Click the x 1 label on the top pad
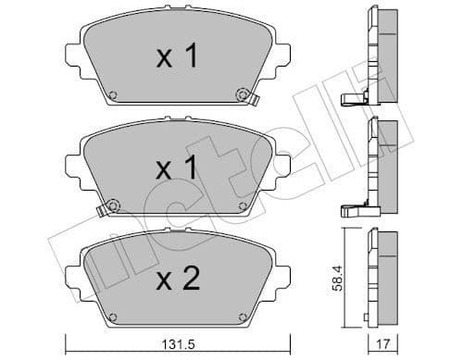click(x=176, y=58)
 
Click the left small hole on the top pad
click(x=112, y=94)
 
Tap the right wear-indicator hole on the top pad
click(x=244, y=93)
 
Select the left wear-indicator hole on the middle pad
click(x=112, y=205)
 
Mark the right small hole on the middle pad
click(x=243, y=205)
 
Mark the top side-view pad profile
click(x=383, y=56)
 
